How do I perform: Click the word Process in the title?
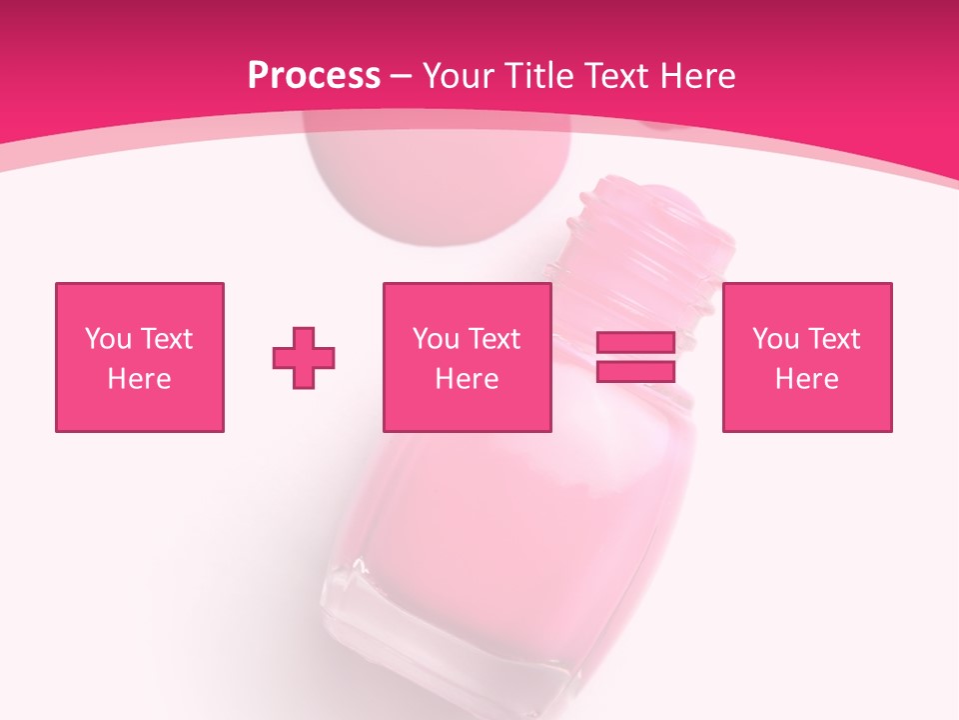[x=314, y=75]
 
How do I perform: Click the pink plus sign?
[x=304, y=357]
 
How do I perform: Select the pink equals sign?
[x=635, y=357]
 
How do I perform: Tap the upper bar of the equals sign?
[x=635, y=343]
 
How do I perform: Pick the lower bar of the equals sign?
[x=635, y=371]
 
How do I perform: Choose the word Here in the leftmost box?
[x=139, y=379]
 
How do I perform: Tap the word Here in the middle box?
[x=468, y=379]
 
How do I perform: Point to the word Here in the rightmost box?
[x=807, y=379]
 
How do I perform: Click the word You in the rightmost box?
[x=775, y=339]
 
